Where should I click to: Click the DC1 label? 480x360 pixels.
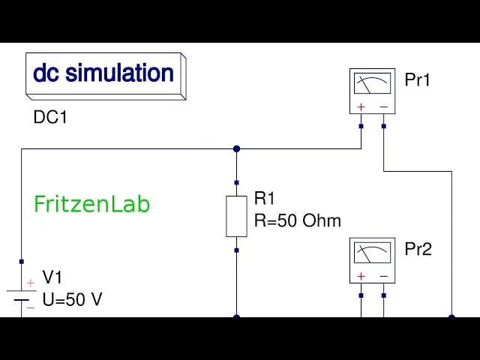pyautogui.click(x=50, y=118)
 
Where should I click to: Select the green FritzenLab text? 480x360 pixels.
pyautogui.click(x=92, y=204)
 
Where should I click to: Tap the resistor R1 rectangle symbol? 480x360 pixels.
pyautogui.click(x=236, y=216)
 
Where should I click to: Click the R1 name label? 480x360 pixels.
pyautogui.click(x=265, y=199)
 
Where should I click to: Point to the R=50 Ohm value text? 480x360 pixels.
pyautogui.click(x=298, y=220)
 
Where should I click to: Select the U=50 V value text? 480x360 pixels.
pyautogui.click(x=72, y=300)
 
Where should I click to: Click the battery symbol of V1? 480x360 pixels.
pyautogui.click(x=22, y=295)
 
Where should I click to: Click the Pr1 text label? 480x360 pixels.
pyautogui.click(x=418, y=80)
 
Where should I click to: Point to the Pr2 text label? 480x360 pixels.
pyautogui.click(x=418, y=250)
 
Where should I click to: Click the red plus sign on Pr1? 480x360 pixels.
pyautogui.click(x=361, y=107)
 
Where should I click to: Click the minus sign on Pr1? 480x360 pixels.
pyautogui.click(x=383, y=107)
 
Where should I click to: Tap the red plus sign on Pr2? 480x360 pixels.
pyautogui.click(x=361, y=277)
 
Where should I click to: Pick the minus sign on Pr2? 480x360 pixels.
pyautogui.click(x=383, y=277)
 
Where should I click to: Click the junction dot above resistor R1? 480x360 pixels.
pyautogui.click(x=236, y=148)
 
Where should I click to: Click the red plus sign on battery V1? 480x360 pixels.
pyautogui.click(x=30, y=283)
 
